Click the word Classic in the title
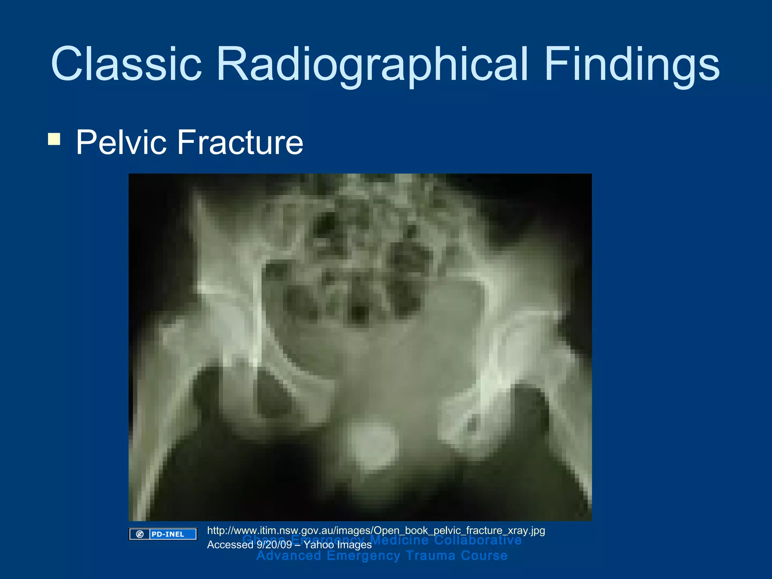[126, 64]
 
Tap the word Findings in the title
[632, 64]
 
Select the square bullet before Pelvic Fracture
[54, 139]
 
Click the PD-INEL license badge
[163, 534]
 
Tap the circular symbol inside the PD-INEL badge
[140, 534]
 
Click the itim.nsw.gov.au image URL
[376, 530]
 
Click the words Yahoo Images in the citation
[338, 545]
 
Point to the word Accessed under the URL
[230, 545]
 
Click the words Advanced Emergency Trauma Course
[382, 556]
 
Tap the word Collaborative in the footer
[478, 540]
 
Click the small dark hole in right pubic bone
[472, 424]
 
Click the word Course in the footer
[484, 556]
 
